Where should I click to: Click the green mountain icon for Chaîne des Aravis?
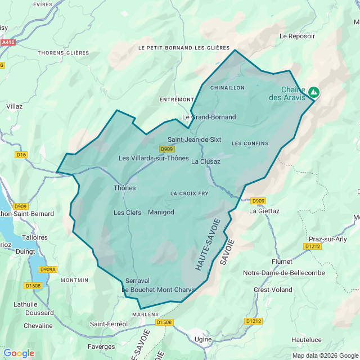coord(313,92)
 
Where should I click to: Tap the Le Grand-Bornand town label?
coord(209,117)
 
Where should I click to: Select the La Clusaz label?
coord(205,161)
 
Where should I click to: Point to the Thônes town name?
coord(124,188)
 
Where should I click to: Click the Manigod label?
coord(161,212)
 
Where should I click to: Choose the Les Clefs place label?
coord(127,213)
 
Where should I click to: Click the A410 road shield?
coord(8,42)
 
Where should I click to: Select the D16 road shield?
coord(21,155)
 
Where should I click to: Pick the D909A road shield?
coord(48,269)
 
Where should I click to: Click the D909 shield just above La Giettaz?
coord(258,201)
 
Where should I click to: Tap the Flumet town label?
coord(282,262)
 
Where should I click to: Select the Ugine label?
coord(202,340)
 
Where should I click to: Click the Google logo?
coord(19,353)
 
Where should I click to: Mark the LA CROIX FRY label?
coord(190,193)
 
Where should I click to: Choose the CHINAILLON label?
coord(227,88)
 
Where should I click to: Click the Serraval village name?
coord(137,280)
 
